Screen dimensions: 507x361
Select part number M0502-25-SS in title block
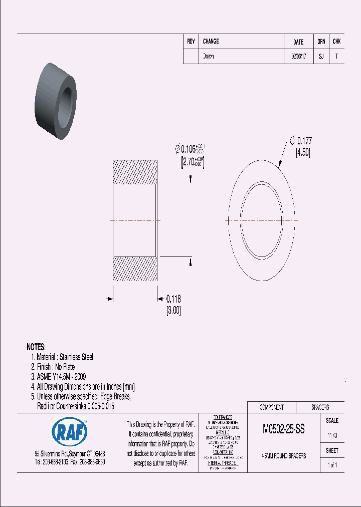(283, 429)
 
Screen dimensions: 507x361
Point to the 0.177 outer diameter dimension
(305, 141)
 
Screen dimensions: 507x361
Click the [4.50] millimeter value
(303, 153)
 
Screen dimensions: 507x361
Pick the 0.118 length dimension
(173, 299)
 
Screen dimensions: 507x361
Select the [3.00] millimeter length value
(173, 311)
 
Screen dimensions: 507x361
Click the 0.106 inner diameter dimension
(191, 149)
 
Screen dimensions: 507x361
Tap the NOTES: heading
(36, 347)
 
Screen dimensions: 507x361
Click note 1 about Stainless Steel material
(62, 357)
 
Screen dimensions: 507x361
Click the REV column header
(191, 42)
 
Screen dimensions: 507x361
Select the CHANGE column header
(211, 42)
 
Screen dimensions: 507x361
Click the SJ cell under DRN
(321, 57)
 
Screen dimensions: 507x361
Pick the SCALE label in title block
(332, 421)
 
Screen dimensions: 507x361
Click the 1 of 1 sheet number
(332, 465)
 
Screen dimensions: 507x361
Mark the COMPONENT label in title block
(271, 407)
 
